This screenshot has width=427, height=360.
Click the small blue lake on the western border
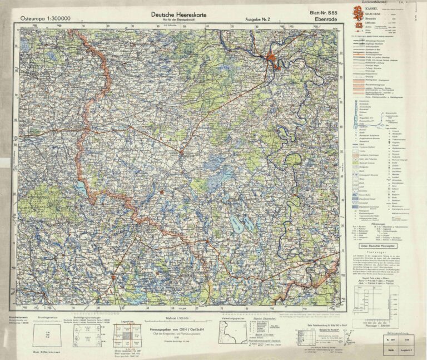81,188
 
